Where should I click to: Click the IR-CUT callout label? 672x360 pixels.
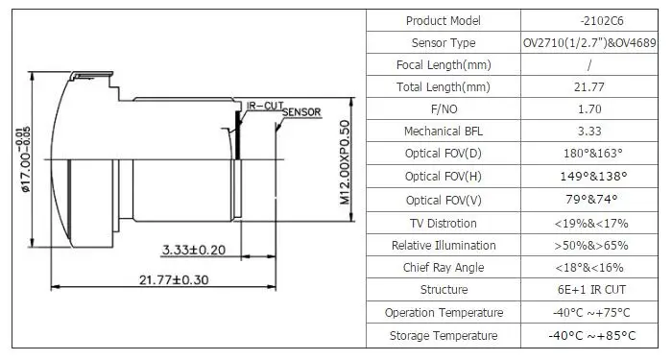coord(265,106)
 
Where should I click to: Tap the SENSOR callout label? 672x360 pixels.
coord(301,112)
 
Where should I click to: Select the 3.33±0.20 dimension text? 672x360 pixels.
coord(194,250)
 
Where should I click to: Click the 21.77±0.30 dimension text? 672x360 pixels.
coord(174,280)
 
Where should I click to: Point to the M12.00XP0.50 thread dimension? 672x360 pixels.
coord(345,162)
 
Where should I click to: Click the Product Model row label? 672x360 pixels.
coord(444,20)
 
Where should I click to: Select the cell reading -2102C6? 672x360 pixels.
coord(602,20)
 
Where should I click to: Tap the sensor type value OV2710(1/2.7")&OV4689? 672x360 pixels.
coord(589,43)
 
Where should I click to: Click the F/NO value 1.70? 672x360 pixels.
coord(589,108)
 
